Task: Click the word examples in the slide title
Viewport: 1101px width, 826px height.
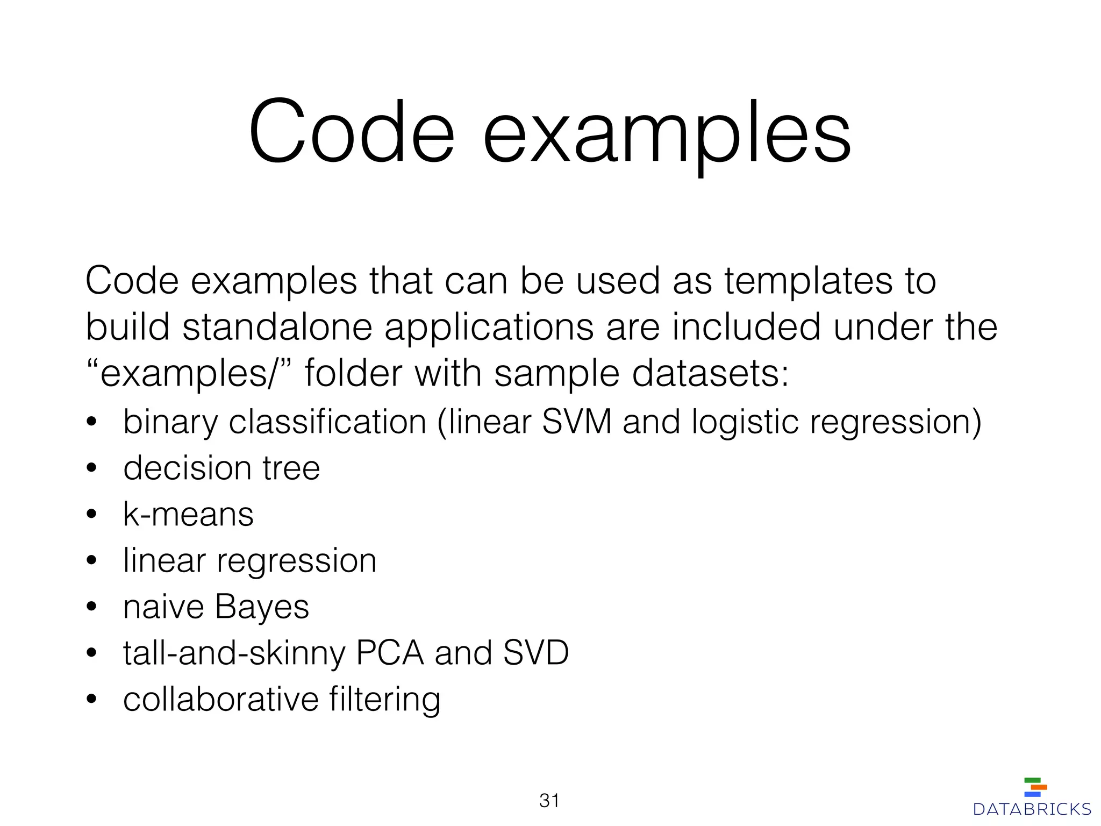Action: point(667,134)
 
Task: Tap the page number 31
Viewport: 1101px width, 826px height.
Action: point(549,801)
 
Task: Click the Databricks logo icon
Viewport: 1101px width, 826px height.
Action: point(1035,787)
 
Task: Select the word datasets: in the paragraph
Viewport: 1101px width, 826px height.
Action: point(710,373)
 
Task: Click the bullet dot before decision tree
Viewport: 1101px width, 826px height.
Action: point(91,468)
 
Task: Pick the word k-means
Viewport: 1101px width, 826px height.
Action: point(188,514)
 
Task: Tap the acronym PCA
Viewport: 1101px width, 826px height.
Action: point(390,653)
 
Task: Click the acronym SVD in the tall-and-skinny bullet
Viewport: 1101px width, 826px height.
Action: point(535,653)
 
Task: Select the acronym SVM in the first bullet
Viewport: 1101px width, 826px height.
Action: point(577,422)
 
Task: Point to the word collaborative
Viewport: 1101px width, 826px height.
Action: point(221,699)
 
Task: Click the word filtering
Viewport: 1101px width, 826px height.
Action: point(385,700)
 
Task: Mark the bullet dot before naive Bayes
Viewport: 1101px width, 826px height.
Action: point(91,607)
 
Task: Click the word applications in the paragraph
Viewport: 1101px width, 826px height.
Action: point(489,328)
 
